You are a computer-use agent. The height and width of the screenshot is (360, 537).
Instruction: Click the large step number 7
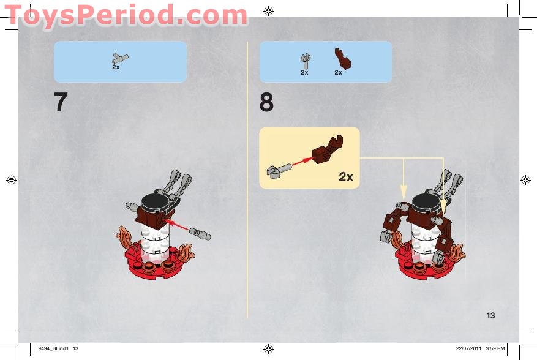[x=61, y=102]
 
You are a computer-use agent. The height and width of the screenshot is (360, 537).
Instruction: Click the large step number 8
[x=266, y=102]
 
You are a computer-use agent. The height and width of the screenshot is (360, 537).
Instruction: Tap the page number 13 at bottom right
[x=490, y=315]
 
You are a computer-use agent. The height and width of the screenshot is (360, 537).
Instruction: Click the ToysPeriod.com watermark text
[x=126, y=15]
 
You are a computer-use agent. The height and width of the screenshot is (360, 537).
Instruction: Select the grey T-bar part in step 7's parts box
[x=119, y=58]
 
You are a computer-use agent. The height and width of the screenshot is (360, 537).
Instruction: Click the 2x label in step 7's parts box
[x=116, y=67]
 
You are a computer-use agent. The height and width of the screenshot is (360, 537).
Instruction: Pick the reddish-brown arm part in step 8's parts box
[x=342, y=58]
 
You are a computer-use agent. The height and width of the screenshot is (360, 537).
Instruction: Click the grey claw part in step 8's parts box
[x=306, y=61]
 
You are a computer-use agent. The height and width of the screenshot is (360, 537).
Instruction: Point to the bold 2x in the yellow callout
[x=346, y=177]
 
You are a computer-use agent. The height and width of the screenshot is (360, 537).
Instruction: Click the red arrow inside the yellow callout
[x=302, y=162]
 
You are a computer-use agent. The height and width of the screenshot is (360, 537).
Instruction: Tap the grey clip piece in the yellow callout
[x=279, y=171]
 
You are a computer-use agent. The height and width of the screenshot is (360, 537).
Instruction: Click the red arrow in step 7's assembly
[x=177, y=225]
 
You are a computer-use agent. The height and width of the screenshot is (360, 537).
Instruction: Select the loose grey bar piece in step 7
[x=200, y=234]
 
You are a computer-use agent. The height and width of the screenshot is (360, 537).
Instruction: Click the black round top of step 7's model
[x=155, y=201]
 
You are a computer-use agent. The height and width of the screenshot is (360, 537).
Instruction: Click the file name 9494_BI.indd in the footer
[x=53, y=348]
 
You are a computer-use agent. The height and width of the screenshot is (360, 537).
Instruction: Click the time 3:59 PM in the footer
[x=495, y=348]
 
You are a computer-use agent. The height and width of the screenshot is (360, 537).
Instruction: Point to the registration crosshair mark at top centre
[x=268, y=11]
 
